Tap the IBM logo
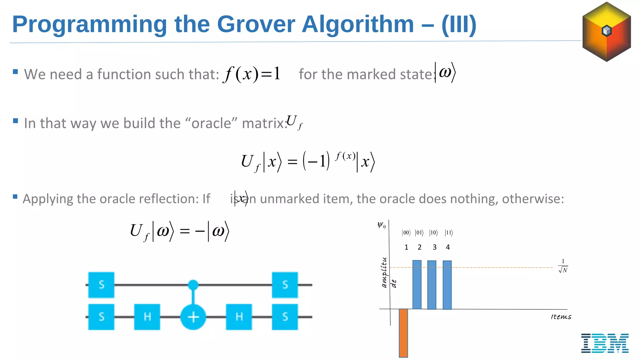pos(605,343)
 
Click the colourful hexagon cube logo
pos(606,31)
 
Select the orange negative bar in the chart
pos(403,333)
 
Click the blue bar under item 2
pos(417,284)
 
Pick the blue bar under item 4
pos(447,285)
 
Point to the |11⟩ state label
pos(449,232)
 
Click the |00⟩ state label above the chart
pos(406,232)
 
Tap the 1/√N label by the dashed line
pos(563,266)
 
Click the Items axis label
pos(561,317)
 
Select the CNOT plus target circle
pos(193,317)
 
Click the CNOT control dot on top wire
pos(193,285)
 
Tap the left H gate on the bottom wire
pos(147,317)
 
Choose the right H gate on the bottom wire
pos(239,317)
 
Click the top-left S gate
pos(101,285)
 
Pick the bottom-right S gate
pos(285,317)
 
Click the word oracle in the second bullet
pos(211,123)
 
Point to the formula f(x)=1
pos(252,74)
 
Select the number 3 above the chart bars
pos(434,247)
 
